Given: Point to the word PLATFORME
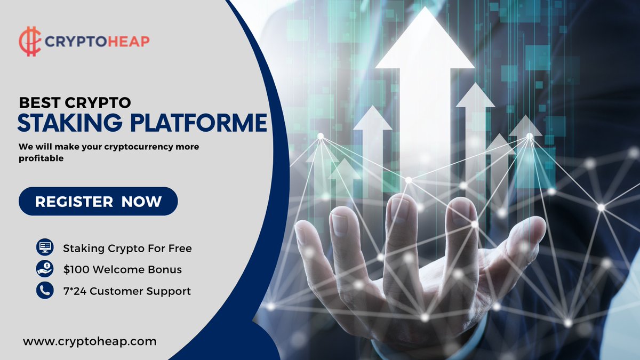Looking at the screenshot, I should pyautogui.click(x=198, y=122).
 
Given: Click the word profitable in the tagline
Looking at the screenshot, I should pyautogui.click(x=41, y=158).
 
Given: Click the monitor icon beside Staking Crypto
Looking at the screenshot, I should pyautogui.click(x=45, y=247).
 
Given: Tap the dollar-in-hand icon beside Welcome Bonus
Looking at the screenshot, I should pyautogui.click(x=45, y=269).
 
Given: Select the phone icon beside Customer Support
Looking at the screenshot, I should pyautogui.click(x=45, y=291).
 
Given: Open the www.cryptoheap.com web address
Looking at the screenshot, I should pyautogui.click(x=90, y=341).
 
